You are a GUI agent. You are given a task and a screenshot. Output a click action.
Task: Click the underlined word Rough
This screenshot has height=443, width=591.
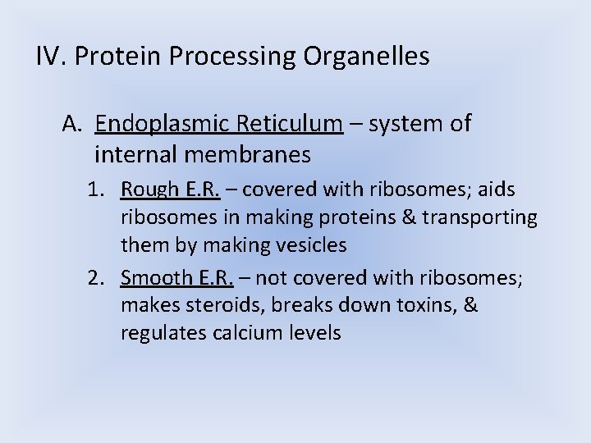click(146, 190)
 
